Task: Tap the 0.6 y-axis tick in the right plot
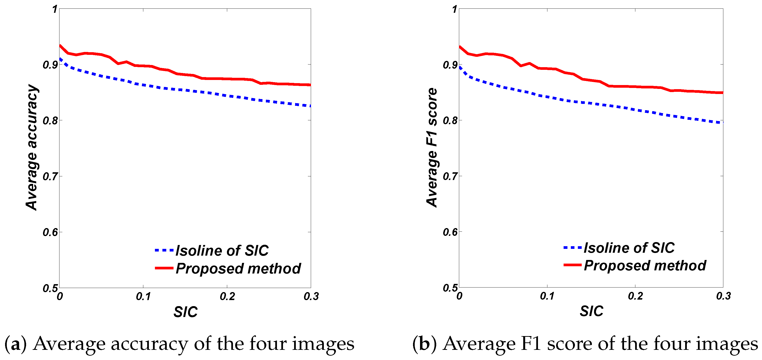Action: (450, 232)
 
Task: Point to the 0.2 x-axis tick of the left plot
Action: (227, 296)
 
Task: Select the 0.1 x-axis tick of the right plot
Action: (547, 296)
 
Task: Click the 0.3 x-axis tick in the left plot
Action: (311, 296)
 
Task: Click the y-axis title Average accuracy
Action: (32, 147)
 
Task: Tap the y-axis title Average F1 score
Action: (432, 147)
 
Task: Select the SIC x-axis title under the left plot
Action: (185, 312)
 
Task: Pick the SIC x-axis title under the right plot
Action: (591, 311)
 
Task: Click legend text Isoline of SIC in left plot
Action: (222, 251)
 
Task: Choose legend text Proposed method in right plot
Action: (645, 265)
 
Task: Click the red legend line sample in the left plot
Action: (164, 268)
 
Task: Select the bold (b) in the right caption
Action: (424, 344)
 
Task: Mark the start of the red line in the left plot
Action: (60, 46)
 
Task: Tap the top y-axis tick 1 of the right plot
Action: (455, 9)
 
